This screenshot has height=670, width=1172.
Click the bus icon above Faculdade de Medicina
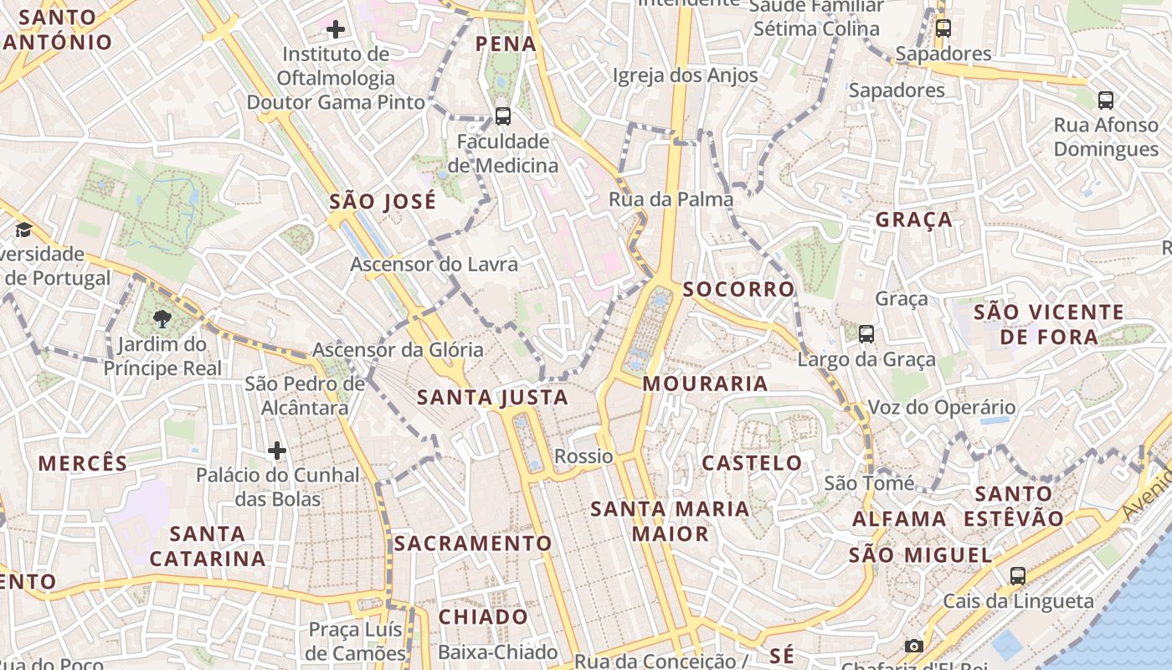(502, 116)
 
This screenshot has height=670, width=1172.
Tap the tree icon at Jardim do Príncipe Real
(162, 318)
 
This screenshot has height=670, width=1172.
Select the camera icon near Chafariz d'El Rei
(913, 646)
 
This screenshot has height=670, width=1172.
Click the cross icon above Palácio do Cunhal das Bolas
(277, 451)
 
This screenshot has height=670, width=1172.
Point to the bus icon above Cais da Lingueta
(1018, 575)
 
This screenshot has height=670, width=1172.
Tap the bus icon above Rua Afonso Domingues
(1105, 100)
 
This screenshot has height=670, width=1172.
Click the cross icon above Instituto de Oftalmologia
(336, 30)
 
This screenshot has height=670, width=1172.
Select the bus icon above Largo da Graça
(866, 333)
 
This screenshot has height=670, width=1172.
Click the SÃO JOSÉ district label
(383, 202)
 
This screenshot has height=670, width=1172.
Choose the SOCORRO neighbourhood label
(738, 290)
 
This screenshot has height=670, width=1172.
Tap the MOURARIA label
(705, 384)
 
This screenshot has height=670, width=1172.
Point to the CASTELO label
(752, 463)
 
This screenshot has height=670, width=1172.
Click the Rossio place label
(583, 456)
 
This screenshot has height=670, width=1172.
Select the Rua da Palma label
(671, 199)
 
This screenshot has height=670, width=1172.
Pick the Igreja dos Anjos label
(685, 75)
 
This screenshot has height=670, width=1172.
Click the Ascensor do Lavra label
(434, 265)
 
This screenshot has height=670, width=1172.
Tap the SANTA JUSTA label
(492, 397)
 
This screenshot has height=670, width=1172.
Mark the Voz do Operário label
(941, 408)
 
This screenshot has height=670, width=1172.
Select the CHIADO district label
(483, 617)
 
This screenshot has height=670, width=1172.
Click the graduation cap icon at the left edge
(23, 229)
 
